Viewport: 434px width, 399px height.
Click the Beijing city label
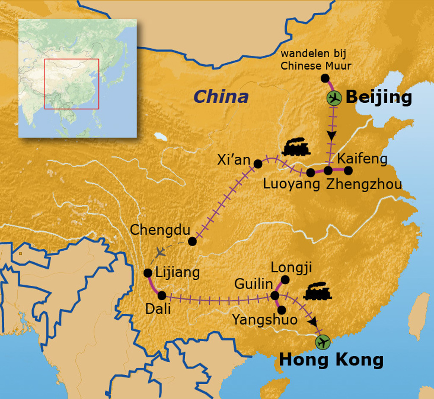(x=378, y=97)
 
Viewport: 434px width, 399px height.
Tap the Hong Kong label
(x=331, y=360)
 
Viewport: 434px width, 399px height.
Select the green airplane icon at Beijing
(x=334, y=98)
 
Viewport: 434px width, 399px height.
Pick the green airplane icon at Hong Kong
(x=323, y=342)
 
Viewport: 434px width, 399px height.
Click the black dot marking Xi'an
(x=258, y=164)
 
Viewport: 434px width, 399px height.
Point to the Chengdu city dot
(x=192, y=241)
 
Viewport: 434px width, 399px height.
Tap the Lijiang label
(x=178, y=272)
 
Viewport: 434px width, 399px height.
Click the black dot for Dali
(x=162, y=295)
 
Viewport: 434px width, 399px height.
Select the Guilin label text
(x=253, y=284)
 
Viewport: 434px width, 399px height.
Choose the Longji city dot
(x=285, y=279)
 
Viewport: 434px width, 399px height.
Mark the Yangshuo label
(x=264, y=319)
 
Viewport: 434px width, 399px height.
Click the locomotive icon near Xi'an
(x=296, y=147)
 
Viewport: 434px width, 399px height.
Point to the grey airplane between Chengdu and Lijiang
(x=160, y=253)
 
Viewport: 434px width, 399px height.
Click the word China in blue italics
(x=221, y=97)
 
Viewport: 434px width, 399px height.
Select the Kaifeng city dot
(x=348, y=171)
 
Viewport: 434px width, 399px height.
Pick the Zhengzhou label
(x=364, y=185)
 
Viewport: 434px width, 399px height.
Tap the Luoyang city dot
(x=311, y=172)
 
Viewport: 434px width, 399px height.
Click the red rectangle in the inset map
(x=71, y=84)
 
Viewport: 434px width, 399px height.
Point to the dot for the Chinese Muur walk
(x=325, y=78)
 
